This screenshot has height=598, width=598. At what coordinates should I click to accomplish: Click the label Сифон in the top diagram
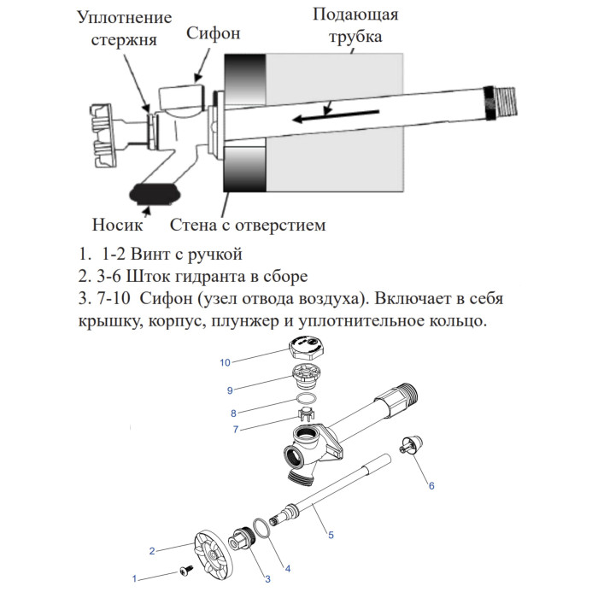click(214, 34)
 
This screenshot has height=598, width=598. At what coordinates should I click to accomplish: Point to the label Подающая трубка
click(355, 26)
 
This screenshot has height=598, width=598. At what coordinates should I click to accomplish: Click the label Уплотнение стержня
click(124, 28)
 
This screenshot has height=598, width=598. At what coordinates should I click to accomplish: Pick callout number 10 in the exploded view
click(225, 362)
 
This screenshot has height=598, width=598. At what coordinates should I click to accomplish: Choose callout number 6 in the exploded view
click(431, 485)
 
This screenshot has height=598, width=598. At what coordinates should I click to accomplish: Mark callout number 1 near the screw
click(134, 579)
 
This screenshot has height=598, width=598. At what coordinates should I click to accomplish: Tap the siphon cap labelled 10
click(304, 349)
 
